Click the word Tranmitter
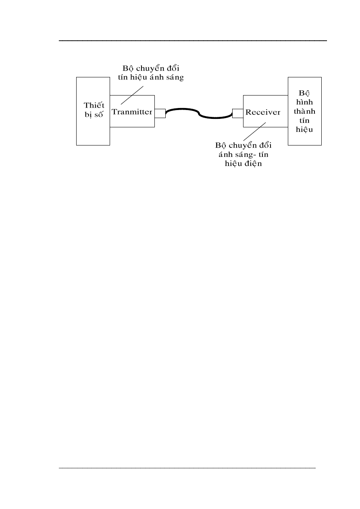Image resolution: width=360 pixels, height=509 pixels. [x=132, y=112]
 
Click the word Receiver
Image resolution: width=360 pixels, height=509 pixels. [x=262, y=112]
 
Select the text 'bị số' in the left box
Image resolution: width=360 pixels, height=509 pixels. [x=93, y=114]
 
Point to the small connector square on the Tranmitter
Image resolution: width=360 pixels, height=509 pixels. [x=160, y=113]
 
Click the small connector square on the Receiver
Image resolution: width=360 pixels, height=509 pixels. [x=237, y=113]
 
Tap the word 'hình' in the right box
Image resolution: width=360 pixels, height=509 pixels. [x=305, y=102]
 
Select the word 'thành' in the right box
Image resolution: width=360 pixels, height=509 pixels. [x=305, y=111]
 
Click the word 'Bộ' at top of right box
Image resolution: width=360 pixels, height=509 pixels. [x=304, y=92]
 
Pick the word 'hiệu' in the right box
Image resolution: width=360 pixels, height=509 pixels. [x=305, y=130]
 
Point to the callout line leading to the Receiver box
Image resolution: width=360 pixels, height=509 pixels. [x=253, y=130]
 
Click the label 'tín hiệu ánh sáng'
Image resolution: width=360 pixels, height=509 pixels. [x=148, y=78]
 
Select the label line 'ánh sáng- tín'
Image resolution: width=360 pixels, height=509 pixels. [x=243, y=155]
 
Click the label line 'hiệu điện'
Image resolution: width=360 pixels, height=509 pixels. [x=243, y=164]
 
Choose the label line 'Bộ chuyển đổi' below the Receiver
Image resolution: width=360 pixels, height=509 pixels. [x=243, y=145]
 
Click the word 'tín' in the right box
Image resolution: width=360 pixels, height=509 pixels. [x=305, y=120]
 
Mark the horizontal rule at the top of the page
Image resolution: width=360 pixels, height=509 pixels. [x=193, y=41]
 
